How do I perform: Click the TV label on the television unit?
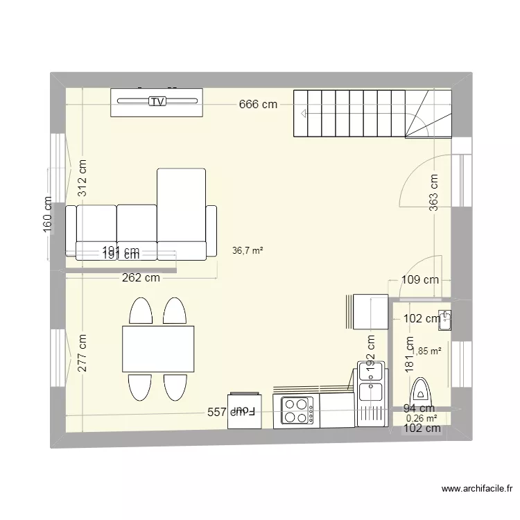158,102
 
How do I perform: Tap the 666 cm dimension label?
259,105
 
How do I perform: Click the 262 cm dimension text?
141,279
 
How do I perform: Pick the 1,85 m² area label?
427,352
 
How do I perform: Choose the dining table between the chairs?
157,348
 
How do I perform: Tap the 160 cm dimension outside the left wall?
48,215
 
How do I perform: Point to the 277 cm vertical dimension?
83,354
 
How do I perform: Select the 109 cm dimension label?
421,281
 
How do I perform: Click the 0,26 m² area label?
422,418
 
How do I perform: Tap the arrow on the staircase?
303,113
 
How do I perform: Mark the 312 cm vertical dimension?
83,178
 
